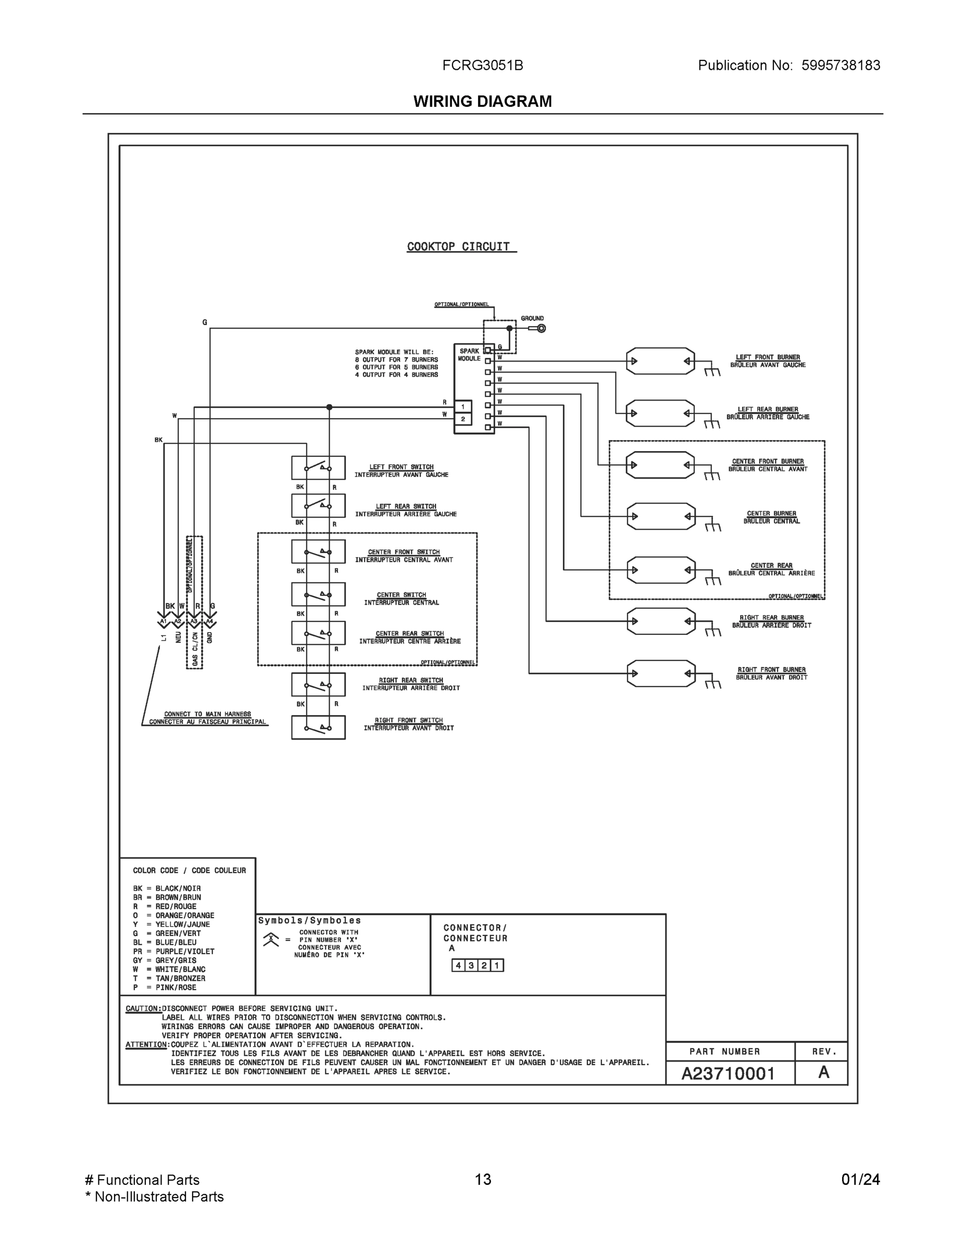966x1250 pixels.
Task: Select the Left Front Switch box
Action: click(318, 468)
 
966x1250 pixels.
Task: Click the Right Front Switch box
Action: click(318, 728)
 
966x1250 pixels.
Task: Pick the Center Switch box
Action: click(318, 594)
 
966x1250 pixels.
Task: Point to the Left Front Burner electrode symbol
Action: click(660, 361)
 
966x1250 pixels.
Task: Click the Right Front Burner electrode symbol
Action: click(661, 673)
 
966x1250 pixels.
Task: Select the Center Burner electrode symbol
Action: click(661, 516)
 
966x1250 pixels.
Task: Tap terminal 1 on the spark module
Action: click(463, 407)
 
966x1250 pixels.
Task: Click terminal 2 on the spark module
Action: click(463, 419)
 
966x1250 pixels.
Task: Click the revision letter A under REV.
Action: click(823, 1072)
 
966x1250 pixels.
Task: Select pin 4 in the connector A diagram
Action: click(458, 966)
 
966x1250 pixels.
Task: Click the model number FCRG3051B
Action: click(482, 65)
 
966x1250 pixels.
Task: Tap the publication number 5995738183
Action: click(840, 65)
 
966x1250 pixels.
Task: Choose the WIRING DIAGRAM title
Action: click(482, 102)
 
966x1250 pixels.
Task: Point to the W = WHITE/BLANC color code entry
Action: click(169, 969)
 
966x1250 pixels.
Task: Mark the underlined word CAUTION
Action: click(143, 1008)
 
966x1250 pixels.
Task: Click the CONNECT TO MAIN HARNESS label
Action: click(207, 714)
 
